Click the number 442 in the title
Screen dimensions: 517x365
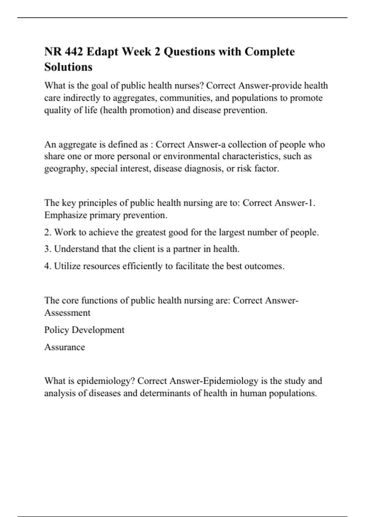(73, 52)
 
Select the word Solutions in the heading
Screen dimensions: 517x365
(68, 67)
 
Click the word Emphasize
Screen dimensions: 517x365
(65, 215)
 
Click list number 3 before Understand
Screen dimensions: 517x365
(47, 249)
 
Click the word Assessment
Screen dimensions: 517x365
(67, 313)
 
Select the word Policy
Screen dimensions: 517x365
(57, 330)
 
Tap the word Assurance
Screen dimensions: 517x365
(64, 347)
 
